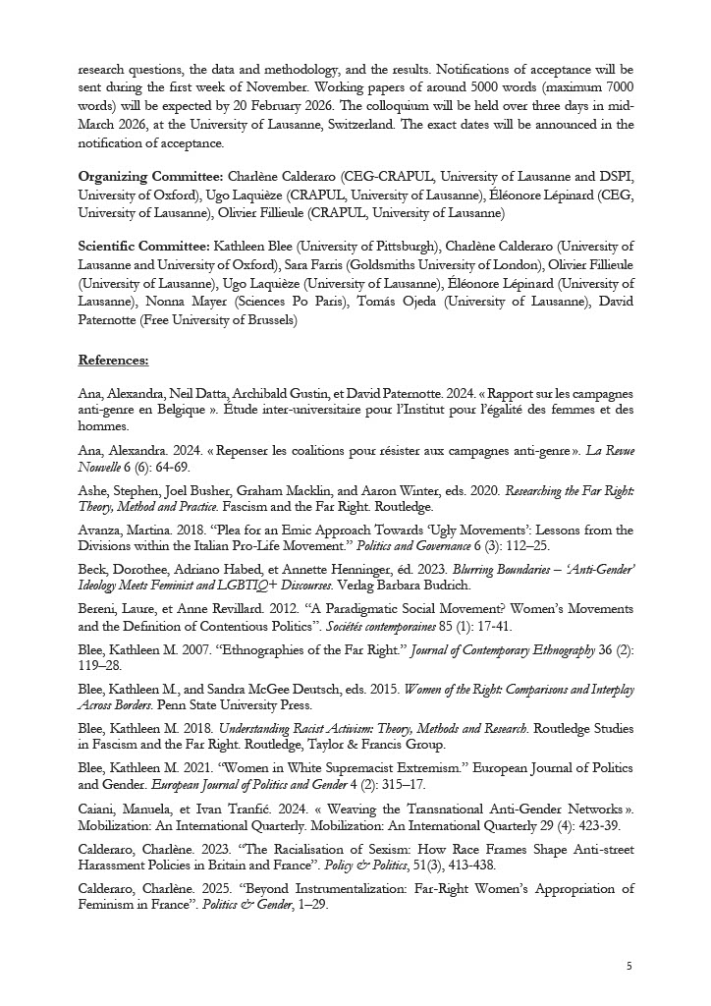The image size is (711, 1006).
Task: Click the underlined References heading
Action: [113, 361]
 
